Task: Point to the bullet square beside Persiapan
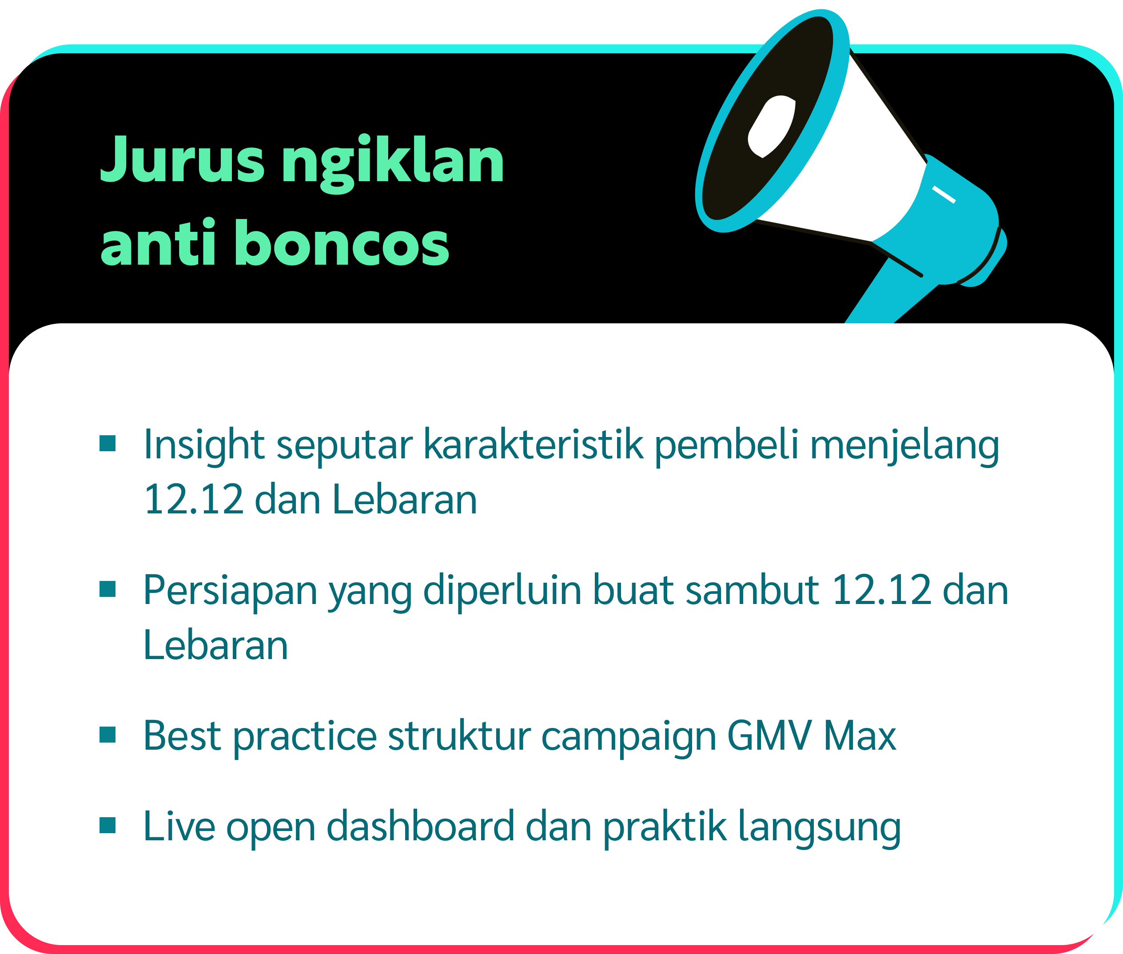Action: (108, 589)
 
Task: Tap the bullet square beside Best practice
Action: (108, 735)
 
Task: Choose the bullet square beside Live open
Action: (108, 825)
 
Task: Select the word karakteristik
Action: (534, 444)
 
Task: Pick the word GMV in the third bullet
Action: (769, 735)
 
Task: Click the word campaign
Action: (629, 738)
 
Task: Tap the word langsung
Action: (820, 828)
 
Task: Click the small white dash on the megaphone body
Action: (944, 195)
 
